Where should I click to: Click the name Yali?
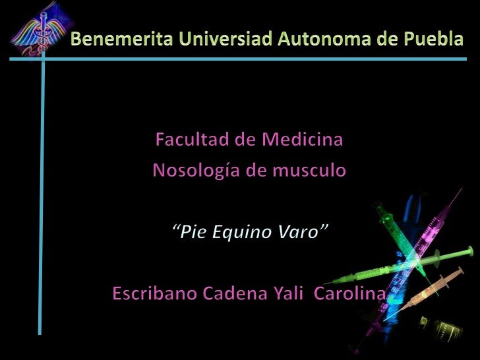(x=288, y=293)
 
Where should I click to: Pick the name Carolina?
(x=349, y=293)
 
